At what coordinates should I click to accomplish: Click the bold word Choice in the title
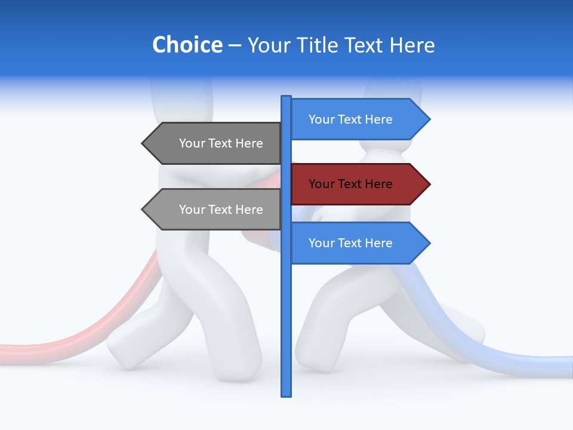[x=187, y=45]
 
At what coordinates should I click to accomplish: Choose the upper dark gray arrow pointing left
[x=215, y=143]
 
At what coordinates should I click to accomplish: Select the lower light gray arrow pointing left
[x=215, y=210]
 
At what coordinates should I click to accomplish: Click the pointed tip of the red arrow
[x=429, y=184]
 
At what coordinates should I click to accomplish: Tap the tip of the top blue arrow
[x=429, y=119]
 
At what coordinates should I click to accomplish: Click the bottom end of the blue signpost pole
[x=286, y=394]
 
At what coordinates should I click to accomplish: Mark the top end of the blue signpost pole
[x=286, y=97]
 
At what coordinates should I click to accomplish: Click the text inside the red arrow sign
[x=350, y=184]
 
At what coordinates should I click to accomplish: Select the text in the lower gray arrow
[x=221, y=210]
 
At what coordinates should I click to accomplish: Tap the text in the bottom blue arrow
[x=350, y=243]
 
